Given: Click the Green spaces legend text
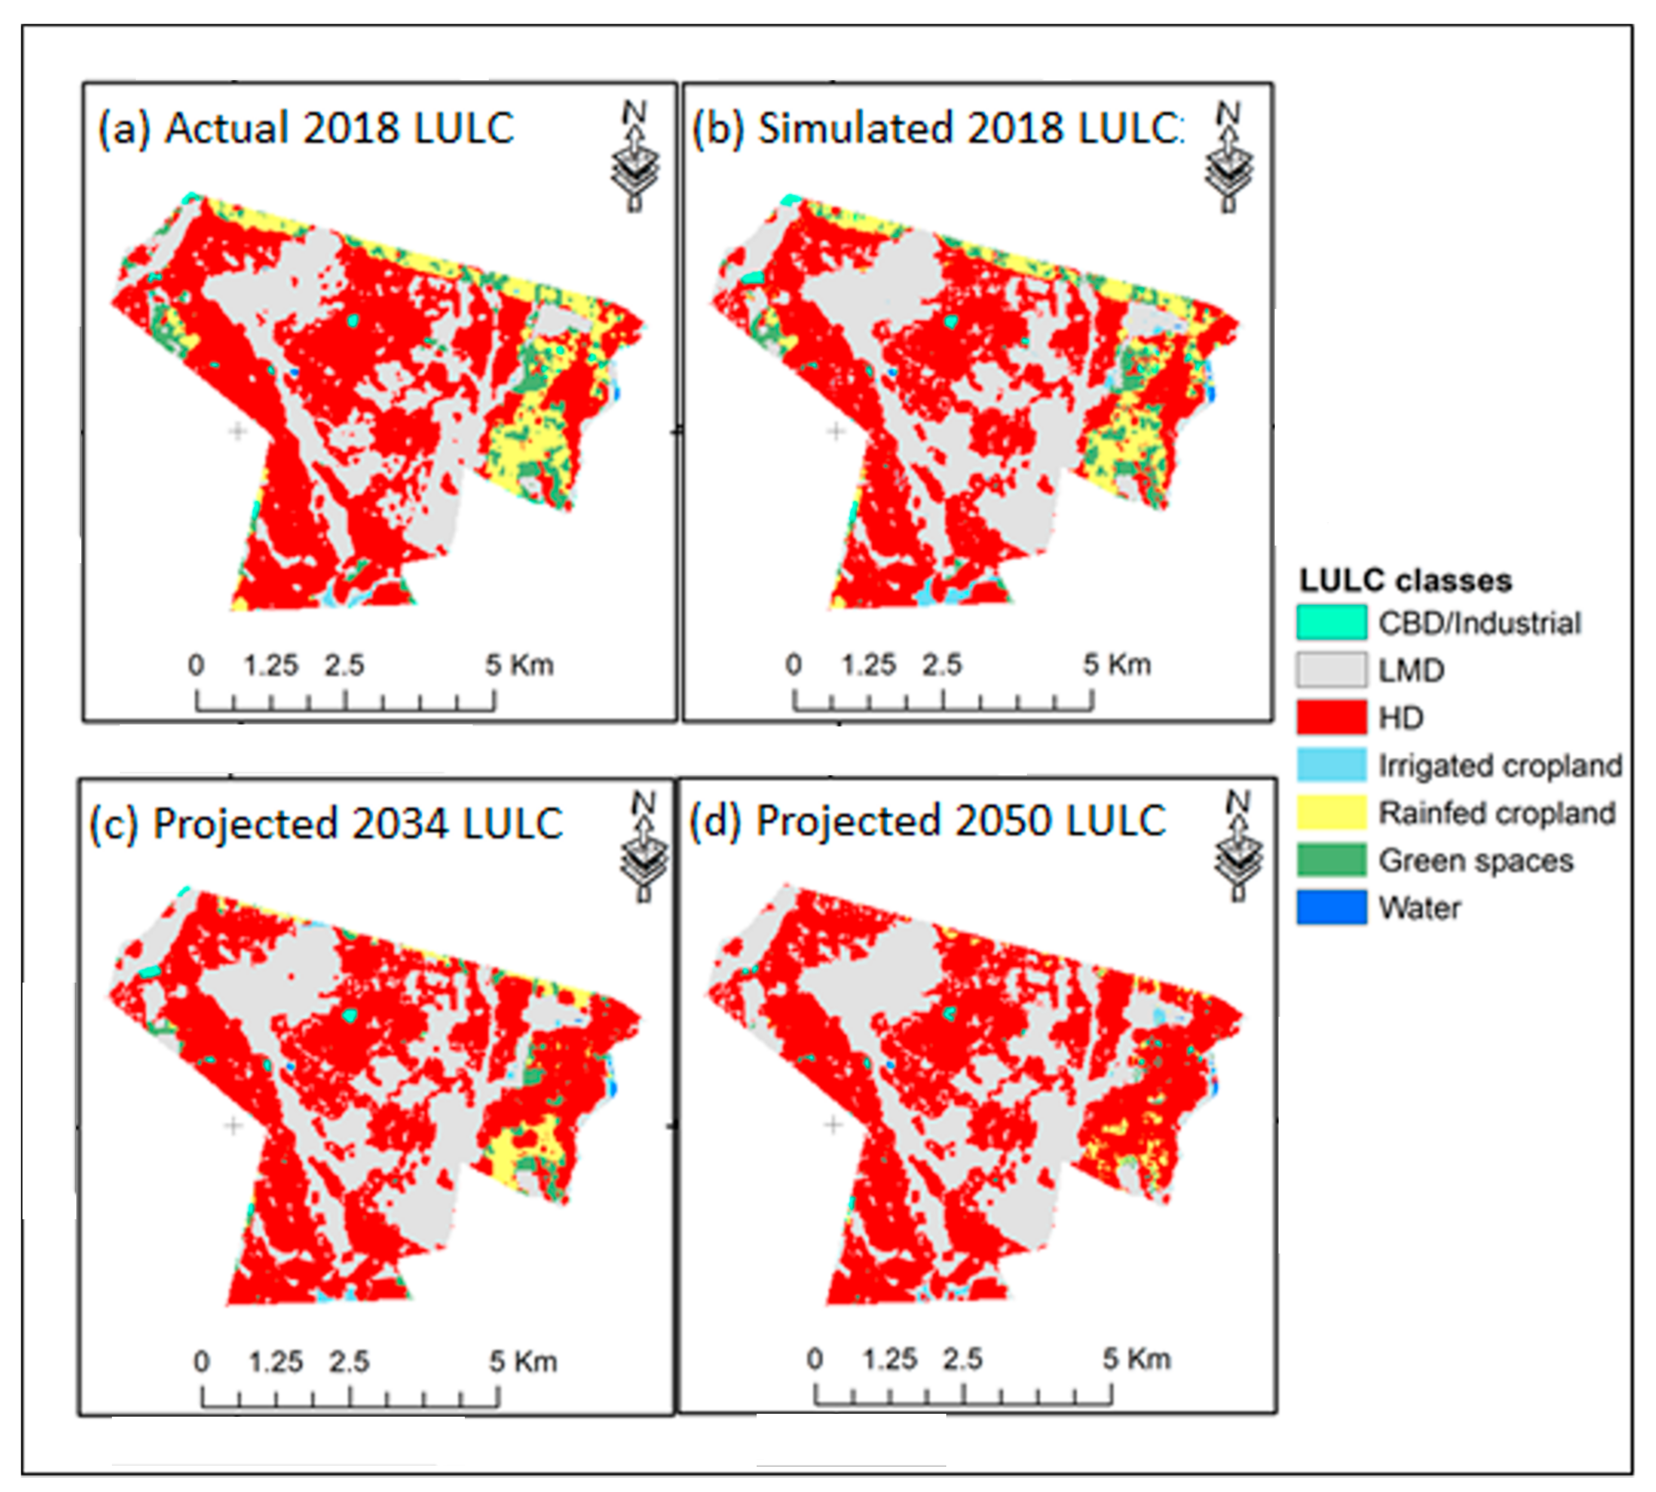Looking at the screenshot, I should pyautogui.click(x=1476, y=861).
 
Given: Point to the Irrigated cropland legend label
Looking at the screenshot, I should pyautogui.click(x=1500, y=766).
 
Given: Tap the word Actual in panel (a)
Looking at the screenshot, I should pyautogui.click(x=227, y=129).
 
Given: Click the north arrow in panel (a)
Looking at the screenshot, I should pyautogui.click(x=634, y=156).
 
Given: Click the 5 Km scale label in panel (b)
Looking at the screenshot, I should pyautogui.click(x=1116, y=665).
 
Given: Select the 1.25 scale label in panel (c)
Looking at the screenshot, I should pyautogui.click(x=276, y=1362).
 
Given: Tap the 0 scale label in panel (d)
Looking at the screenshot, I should pyautogui.click(x=814, y=1359).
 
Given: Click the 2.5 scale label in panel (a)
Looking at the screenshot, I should pyautogui.click(x=344, y=665).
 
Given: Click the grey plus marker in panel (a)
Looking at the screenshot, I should pyautogui.click(x=238, y=430).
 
